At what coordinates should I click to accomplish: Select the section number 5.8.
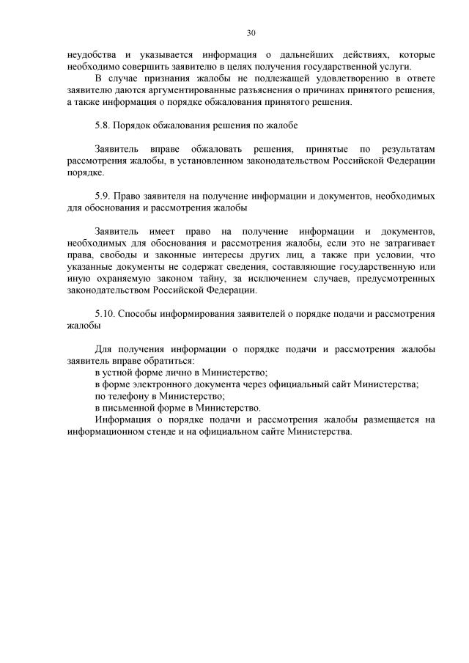(x=105, y=125)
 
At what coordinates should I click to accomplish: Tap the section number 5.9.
(x=105, y=196)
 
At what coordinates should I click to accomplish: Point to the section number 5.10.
(x=107, y=313)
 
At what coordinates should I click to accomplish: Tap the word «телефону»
(x=128, y=395)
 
